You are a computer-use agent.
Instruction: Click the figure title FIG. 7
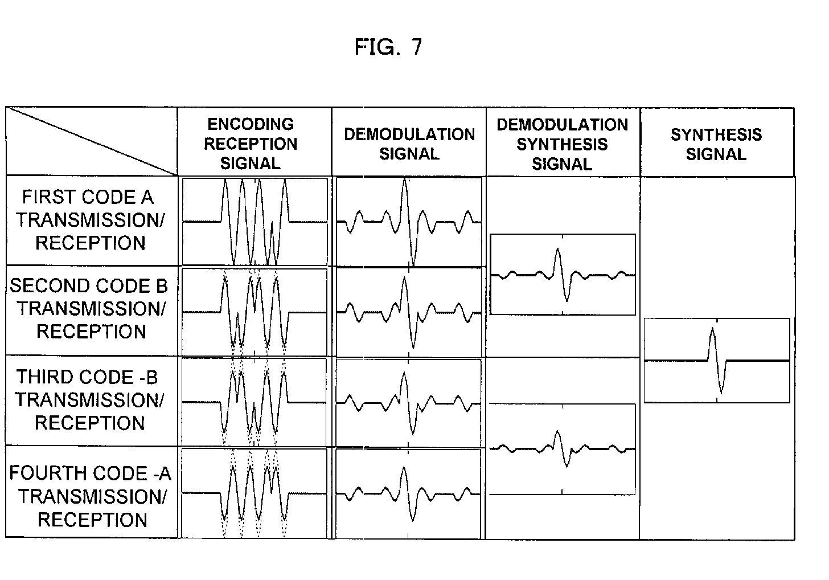tap(388, 47)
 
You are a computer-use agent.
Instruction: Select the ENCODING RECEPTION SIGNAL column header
tap(251, 144)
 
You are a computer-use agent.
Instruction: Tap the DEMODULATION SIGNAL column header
tap(409, 144)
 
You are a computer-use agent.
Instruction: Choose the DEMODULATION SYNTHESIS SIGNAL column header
tap(562, 144)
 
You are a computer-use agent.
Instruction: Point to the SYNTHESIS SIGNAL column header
tap(716, 144)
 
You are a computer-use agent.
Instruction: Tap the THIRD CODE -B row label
tap(89, 399)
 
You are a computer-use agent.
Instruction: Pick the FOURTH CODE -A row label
tap(90, 496)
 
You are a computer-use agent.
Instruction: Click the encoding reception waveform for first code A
tap(255, 222)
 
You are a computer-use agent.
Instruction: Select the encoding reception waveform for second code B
tap(255, 312)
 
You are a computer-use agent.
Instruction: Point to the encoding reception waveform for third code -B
tap(254, 402)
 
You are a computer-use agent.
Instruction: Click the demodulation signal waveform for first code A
tap(409, 222)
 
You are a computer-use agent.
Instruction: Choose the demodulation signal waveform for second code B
tap(409, 312)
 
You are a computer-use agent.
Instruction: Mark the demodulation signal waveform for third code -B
tap(409, 402)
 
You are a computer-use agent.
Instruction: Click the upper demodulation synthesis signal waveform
tap(563, 274)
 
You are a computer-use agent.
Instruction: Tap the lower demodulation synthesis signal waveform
tap(563, 449)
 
